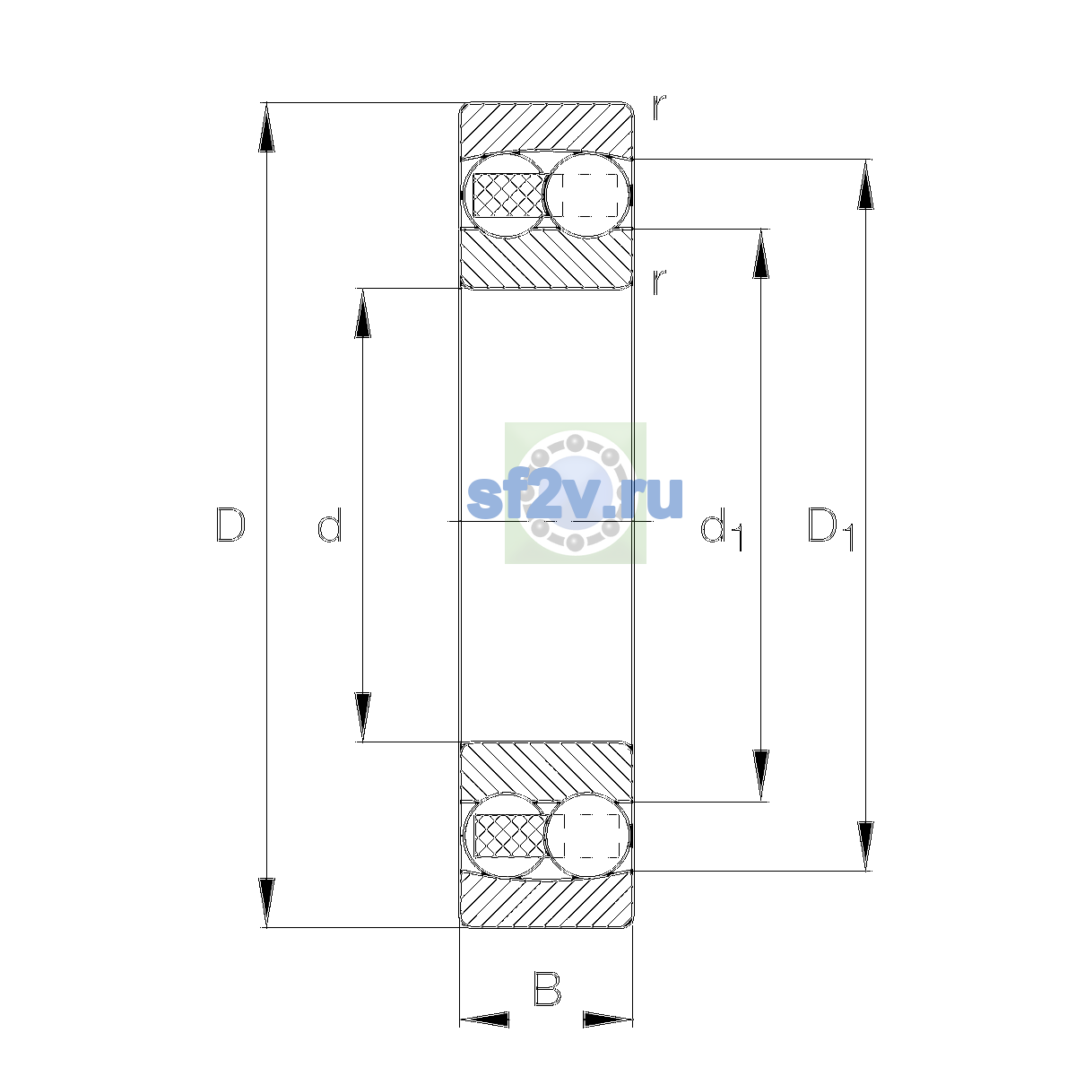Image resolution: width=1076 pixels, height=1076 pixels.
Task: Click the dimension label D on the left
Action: (x=230, y=525)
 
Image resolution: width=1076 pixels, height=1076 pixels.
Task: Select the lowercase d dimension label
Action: (x=329, y=525)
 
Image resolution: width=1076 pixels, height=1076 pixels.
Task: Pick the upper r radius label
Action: (x=659, y=108)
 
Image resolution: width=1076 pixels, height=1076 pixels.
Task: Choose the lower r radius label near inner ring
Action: (x=659, y=282)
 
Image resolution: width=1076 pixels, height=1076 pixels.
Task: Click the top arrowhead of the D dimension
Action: (x=266, y=127)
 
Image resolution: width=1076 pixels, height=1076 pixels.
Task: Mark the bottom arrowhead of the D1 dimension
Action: (x=865, y=846)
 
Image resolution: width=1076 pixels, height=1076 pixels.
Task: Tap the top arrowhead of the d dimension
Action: (x=362, y=313)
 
